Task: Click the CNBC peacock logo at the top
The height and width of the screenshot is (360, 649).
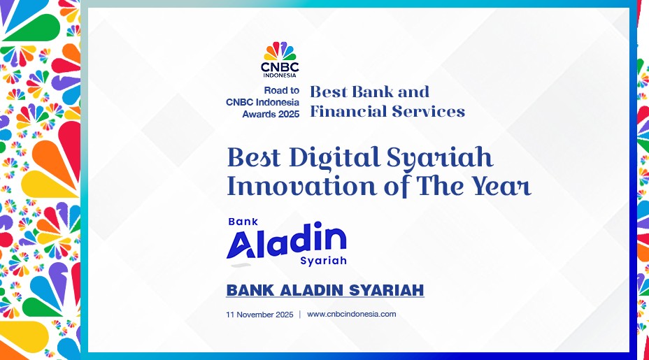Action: click(x=280, y=51)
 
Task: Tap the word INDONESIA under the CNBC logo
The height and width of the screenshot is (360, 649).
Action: click(x=280, y=75)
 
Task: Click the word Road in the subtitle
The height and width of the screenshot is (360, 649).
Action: click(x=273, y=90)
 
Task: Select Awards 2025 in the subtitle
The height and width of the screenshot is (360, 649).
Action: click(x=271, y=114)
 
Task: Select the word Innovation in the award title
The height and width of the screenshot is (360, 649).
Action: click(x=301, y=186)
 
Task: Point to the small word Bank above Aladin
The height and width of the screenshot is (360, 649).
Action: click(x=243, y=222)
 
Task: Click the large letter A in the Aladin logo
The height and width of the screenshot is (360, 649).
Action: click(x=241, y=245)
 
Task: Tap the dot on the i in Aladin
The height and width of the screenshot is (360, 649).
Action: click(x=318, y=224)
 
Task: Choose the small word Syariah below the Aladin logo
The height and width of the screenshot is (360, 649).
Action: click(x=323, y=261)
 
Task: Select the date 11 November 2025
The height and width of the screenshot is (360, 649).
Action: click(x=259, y=315)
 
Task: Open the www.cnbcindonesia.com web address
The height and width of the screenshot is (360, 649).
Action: click(x=351, y=314)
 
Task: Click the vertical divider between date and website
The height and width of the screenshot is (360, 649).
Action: click(x=299, y=315)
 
